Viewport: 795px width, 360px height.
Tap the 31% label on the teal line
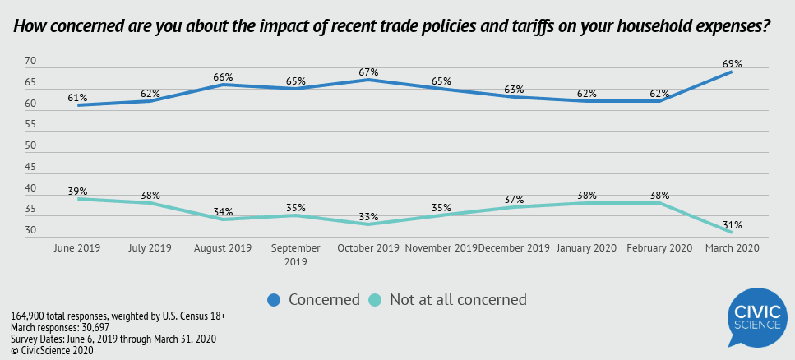point(733,224)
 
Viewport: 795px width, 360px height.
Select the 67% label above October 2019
point(368,72)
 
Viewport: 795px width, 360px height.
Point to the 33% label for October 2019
point(368,217)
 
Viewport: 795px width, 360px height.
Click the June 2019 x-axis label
point(77,247)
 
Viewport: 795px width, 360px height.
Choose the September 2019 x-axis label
point(296,254)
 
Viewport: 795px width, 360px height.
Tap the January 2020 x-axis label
point(587,247)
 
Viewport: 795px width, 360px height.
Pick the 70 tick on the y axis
point(30,62)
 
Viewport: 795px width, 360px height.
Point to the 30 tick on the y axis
point(30,231)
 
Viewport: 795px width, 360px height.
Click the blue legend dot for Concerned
point(275,300)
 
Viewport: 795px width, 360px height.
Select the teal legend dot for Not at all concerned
point(374,300)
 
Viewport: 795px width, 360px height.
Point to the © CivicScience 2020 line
point(52,351)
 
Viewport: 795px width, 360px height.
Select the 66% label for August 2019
point(223,76)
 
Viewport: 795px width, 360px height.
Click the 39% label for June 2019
point(77,191)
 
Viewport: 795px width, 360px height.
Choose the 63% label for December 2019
point(514,89)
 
